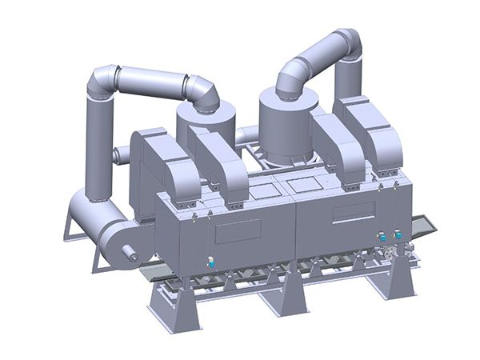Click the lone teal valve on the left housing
(x=210, y=261)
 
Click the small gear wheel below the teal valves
(x=390, y=254)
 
